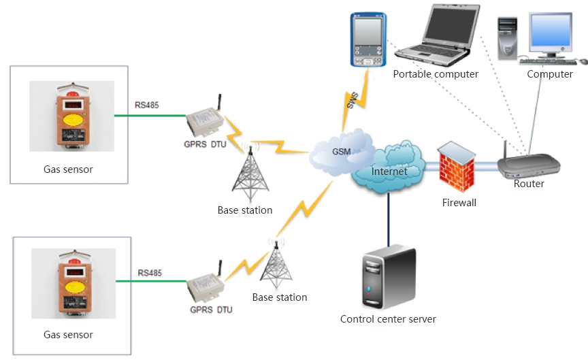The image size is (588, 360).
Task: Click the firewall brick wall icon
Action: (x=457, y=167)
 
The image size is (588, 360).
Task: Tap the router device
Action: (x=529, y=165)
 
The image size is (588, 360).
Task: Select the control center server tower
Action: (x=389, y=277)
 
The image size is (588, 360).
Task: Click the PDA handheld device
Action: (x=368, y=39)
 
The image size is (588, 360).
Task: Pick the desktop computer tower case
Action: (x=508, y=39)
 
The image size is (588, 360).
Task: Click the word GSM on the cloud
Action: (x=341, y=152)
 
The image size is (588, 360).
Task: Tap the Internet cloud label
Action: (x=389, y=171)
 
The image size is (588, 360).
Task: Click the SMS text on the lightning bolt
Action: (x=353, y=100)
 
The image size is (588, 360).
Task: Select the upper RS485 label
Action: (x=146, y=105)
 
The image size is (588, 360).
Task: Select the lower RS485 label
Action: (x=150, y=273)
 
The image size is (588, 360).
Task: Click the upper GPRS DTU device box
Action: (x=205, y=120)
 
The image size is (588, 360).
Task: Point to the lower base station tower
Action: (x=276, y=263)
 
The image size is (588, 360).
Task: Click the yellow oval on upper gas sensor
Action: (x=73, y=120)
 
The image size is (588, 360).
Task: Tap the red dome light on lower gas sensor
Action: (x=75, y=260)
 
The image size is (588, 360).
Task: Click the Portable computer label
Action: (x=436, y=74)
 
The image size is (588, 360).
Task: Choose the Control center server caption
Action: (x=388, y=319)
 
